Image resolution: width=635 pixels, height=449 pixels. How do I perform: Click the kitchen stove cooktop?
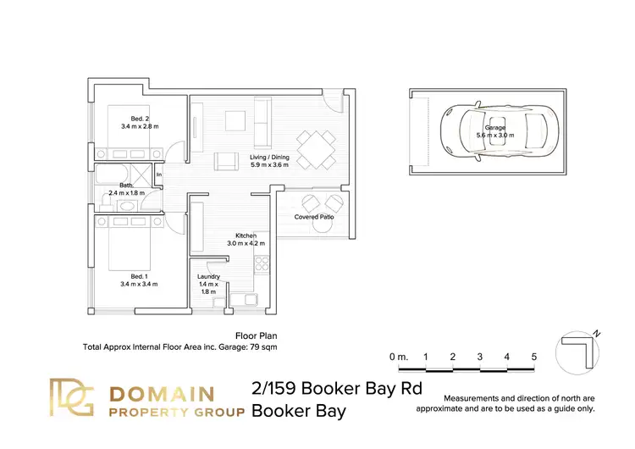pyautogui.click(x=262, y=264)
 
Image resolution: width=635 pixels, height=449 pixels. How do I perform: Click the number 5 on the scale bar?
pyautogui.click(x=534, y=357)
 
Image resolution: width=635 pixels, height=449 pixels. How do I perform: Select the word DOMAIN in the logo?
pyautogui.click(x=164, y=393)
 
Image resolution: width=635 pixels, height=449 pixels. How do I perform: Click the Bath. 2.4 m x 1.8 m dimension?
pyautogui.click(x=125, y=189)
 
